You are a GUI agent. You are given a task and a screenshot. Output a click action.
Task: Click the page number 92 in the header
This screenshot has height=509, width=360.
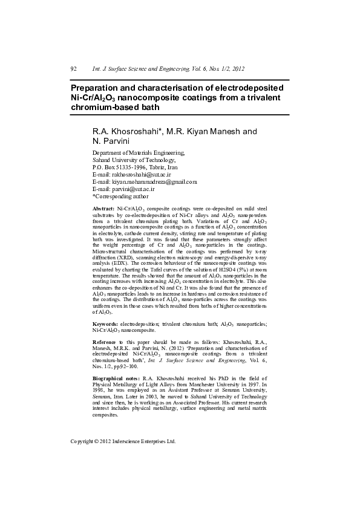(x=73, y=70)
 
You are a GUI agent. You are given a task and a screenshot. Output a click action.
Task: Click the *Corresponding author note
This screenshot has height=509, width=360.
(x=119, y=196)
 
